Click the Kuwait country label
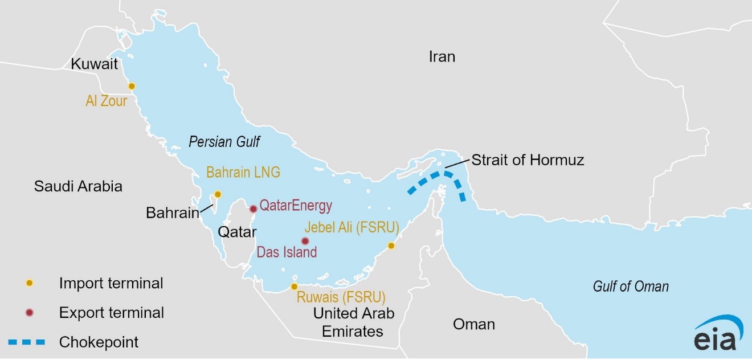coord(94,64)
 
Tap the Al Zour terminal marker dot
coord(132,86)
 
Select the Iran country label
coord(442,56)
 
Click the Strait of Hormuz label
coord(528,160)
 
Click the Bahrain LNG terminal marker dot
coord(217,194)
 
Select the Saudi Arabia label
coord(78,186)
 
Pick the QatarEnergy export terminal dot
coord(254,208)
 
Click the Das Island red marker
coord(305,241)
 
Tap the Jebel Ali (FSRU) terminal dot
coord(391,246)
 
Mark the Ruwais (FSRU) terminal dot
coord(294,287)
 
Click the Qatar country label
coord(237,231)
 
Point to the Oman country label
coord(473,325)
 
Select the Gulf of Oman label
coord(630,287)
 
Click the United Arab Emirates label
coord(353,322)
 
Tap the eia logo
coord(718,334)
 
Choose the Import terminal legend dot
coord(30,283)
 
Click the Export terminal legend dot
coord(30,313)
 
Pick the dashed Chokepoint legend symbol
coord(26,342)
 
